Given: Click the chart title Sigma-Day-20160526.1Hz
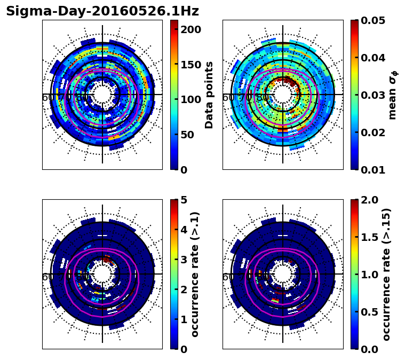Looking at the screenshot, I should [x=102, y=11].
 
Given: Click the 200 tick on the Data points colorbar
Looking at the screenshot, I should [x=190, y=29].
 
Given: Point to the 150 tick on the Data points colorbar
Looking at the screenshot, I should [x=190, y=65].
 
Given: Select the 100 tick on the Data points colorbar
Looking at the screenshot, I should [x=190, y=99].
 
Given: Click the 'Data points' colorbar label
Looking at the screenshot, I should [x=209, y=95].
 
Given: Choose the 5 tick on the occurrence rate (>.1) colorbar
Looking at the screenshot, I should [x=184, y=200].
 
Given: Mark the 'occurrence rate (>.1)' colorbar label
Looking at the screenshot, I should [x=195, y=275].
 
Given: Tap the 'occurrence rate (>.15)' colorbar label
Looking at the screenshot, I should [x=386, y=275].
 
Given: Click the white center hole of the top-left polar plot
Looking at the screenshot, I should [x=102, y=95].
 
